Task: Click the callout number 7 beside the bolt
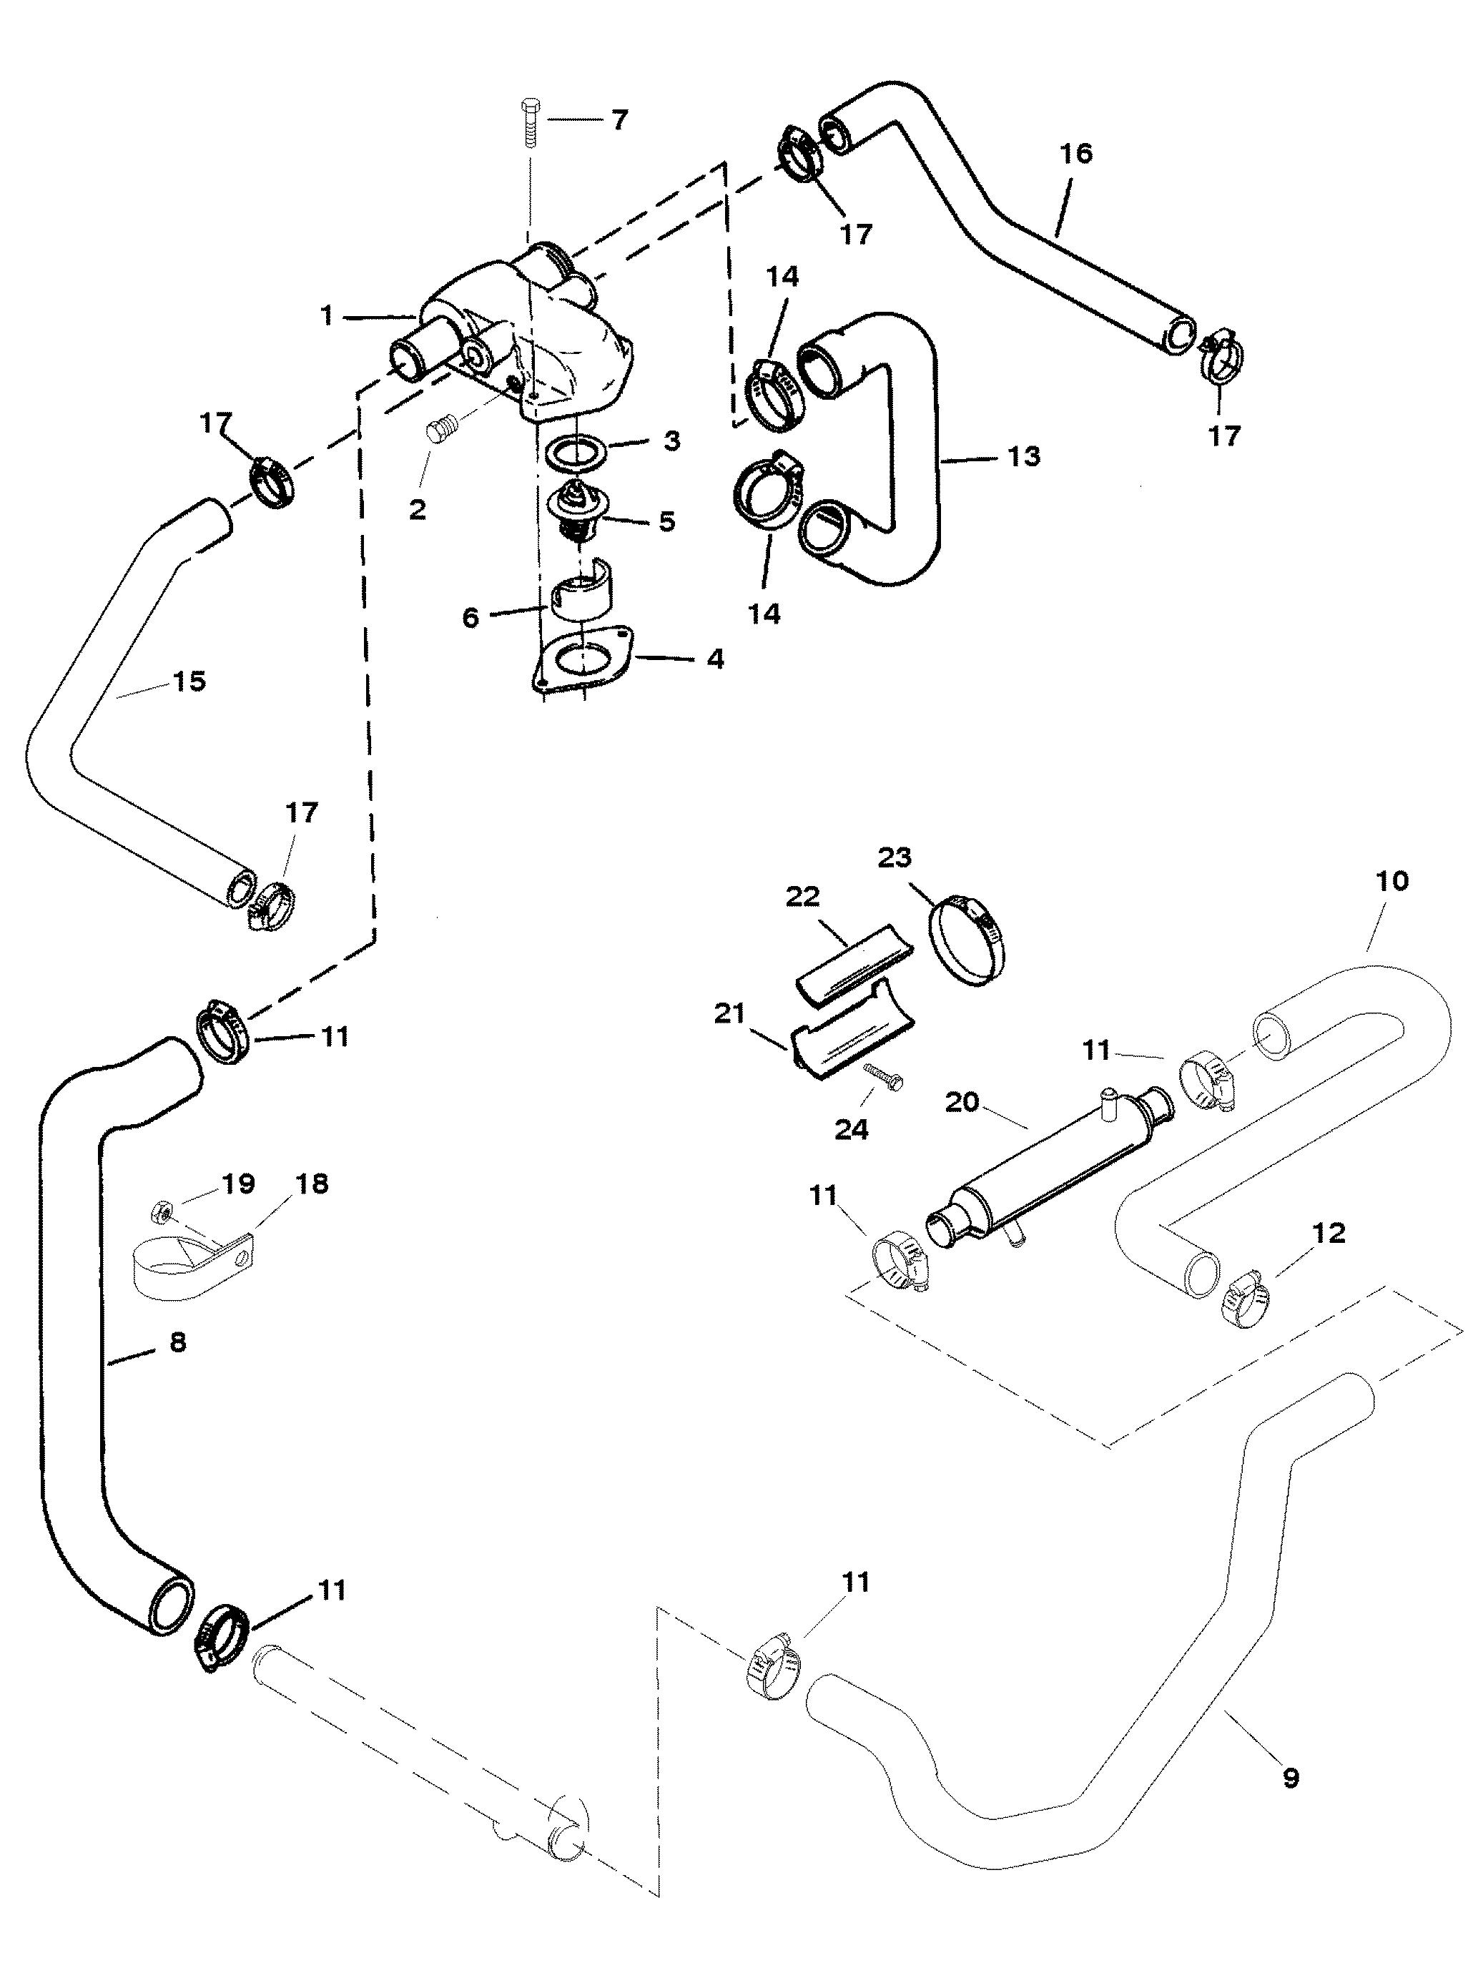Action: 618,120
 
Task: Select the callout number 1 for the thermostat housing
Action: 327,315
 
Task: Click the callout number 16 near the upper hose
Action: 1075,154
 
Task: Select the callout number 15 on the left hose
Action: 188,682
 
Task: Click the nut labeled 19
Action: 162,1208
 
